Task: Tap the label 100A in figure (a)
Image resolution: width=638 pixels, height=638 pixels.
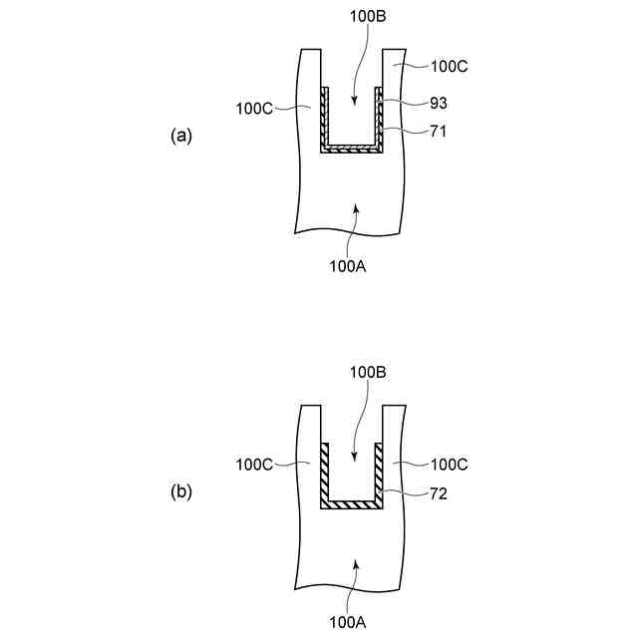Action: (349, 265)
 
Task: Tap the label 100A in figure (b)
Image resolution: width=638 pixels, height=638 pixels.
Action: (349, 622)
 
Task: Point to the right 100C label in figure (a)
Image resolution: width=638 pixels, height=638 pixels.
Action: (449, 68)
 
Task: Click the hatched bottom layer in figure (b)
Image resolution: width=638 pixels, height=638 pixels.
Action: (352, 505)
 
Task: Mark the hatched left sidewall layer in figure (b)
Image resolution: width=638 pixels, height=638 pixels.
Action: (324, 475)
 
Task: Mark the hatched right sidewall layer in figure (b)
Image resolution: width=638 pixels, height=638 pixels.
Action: (379, 475)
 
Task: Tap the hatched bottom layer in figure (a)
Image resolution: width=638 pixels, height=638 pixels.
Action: (352, 148)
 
